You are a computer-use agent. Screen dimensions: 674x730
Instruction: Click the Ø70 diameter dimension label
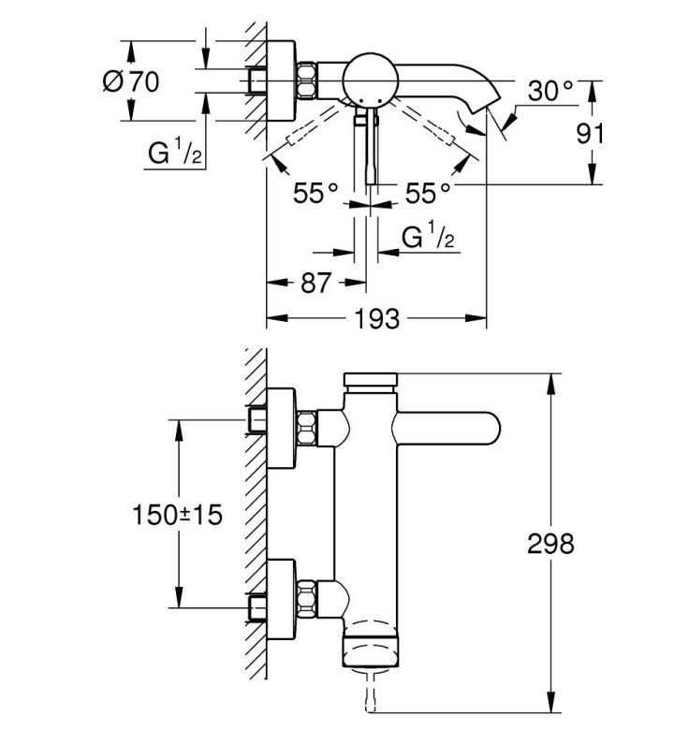(131, 81)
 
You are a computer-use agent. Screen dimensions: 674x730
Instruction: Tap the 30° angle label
(550, 91)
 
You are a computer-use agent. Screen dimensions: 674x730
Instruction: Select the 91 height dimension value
(590, 134)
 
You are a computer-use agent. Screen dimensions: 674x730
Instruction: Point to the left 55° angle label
(315, 193)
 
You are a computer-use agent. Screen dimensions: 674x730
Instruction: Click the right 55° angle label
(428, 193)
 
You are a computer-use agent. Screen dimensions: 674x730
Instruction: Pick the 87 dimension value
(315, 283)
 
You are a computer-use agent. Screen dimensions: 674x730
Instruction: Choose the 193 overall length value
(377, 319)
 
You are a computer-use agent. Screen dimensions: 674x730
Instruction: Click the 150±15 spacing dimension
(178, 515)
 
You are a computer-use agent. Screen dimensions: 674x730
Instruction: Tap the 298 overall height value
(550, 544)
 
